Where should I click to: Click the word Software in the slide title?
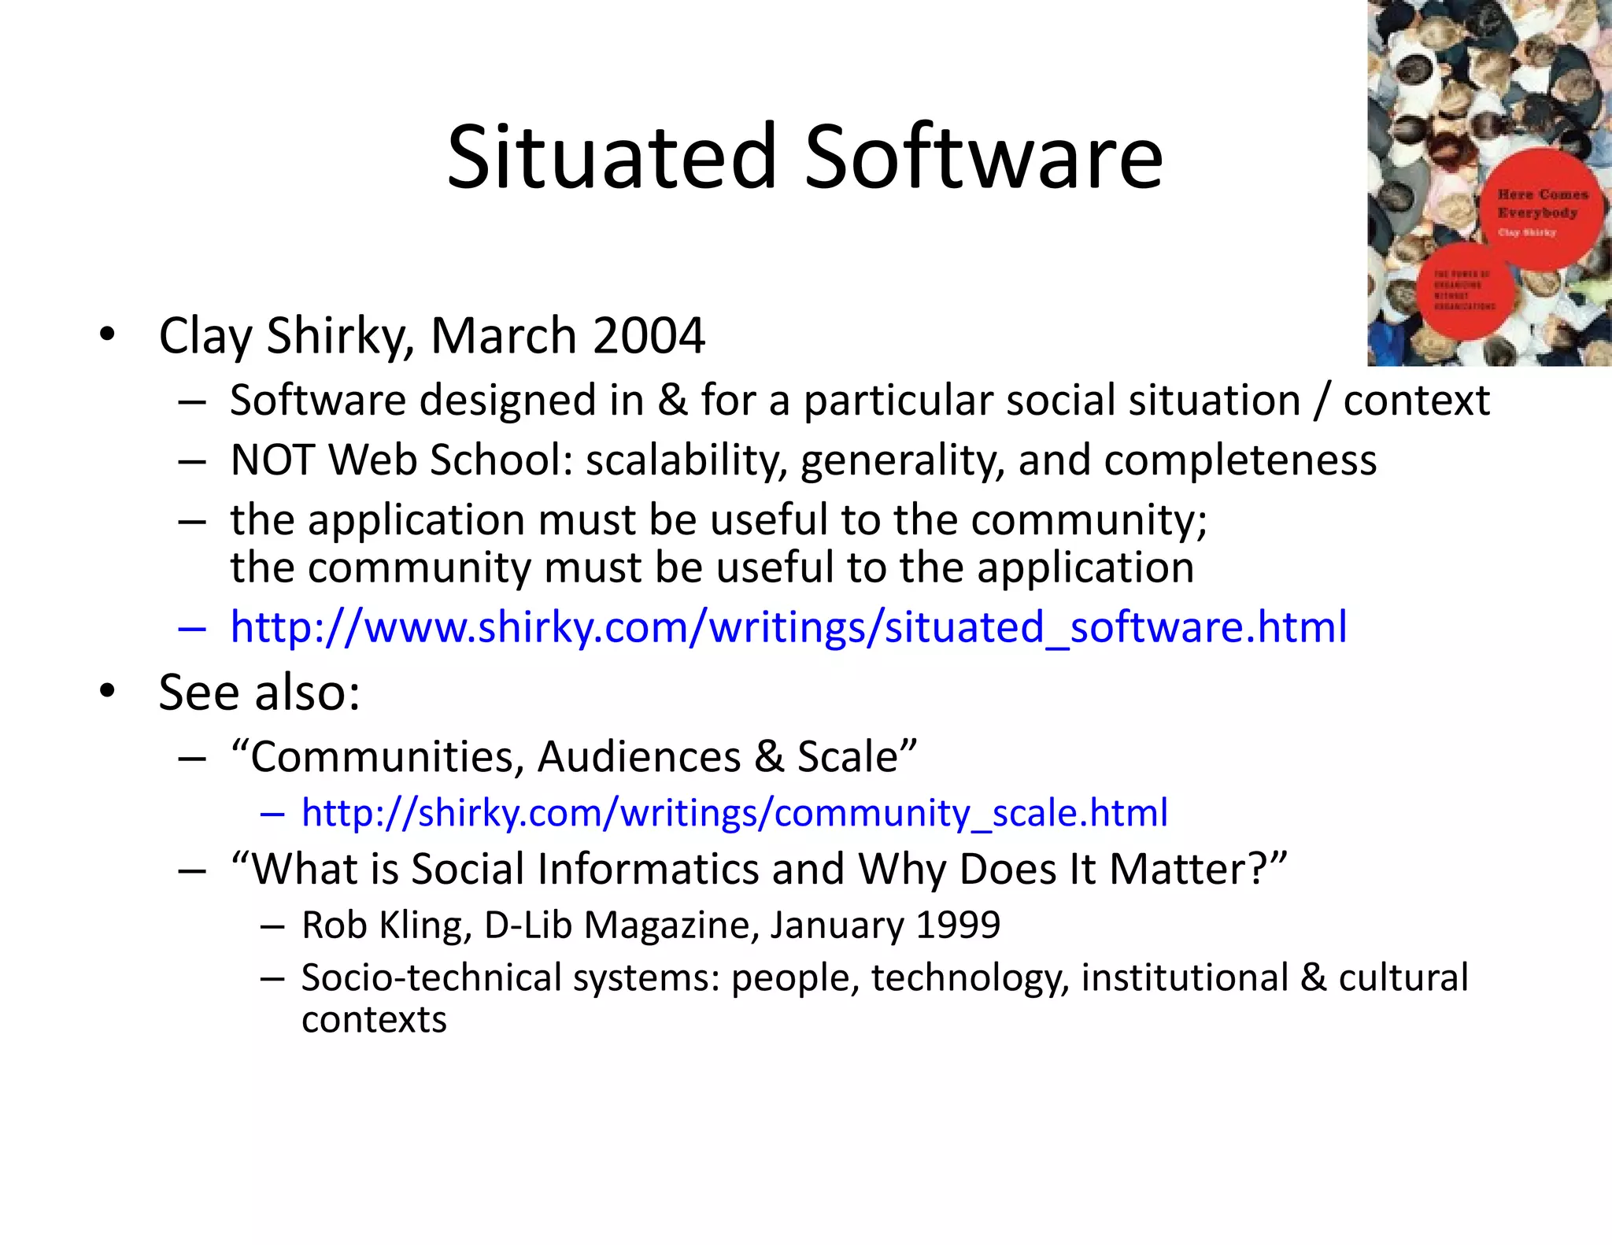983,157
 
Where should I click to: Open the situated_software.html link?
788,627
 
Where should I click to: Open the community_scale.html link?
734,813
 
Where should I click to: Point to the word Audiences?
639,757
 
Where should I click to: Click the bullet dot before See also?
107,692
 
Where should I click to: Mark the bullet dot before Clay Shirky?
107,334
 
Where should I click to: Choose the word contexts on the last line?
374,1020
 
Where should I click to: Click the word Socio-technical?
431,977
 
